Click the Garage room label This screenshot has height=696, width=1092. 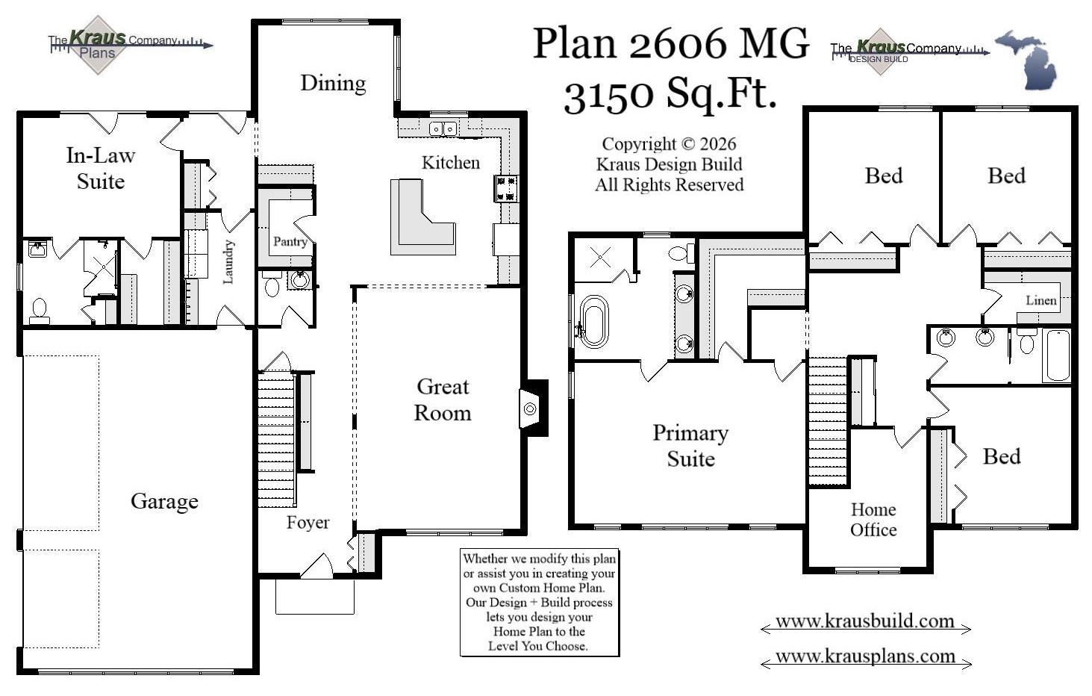click(x=164, y=501)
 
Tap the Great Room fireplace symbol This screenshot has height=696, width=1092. click(x=530, y=408)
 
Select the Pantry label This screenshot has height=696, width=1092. click(x=290, y=241)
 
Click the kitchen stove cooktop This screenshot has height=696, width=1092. click(x=505, y=188)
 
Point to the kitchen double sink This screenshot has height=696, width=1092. click(x=443, y=129)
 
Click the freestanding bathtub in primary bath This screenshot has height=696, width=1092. click(x=593, y=322)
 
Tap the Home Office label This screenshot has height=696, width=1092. click(x=873, y=520)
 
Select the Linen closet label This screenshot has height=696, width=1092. click(x=1040, y=300)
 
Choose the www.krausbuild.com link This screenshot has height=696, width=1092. click(x=865, y=621)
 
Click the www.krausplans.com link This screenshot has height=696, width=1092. click(x=865, y=656)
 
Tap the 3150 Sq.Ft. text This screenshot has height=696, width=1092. click(x=670, y=95)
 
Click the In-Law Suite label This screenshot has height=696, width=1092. click(x=100, y=168)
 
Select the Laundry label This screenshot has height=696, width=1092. click(x=228, y=261)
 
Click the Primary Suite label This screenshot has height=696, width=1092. click(x=690, y=445)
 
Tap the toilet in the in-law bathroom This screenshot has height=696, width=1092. click(x=39, y=309)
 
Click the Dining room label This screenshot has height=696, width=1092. click(x=333, y=83)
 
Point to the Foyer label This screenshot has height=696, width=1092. click(x=308, y=523)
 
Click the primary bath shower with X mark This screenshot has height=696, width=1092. click(x=601, y=258)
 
